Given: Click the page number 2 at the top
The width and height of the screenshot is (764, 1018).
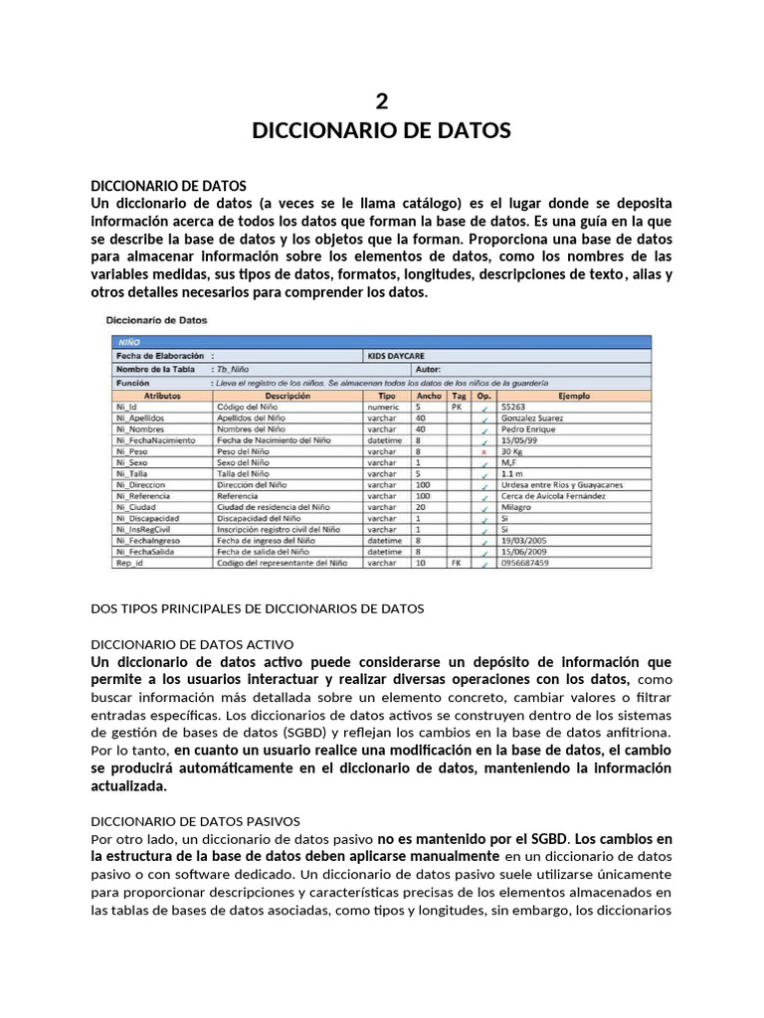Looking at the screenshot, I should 382,99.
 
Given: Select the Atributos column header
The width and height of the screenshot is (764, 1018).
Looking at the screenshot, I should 161,396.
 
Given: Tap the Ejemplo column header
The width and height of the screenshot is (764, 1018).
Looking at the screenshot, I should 574,396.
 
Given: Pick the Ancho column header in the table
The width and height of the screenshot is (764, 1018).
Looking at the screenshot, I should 429,396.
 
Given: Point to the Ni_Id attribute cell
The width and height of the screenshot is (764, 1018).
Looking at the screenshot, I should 126,407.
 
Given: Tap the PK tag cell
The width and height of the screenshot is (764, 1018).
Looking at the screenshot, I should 457,407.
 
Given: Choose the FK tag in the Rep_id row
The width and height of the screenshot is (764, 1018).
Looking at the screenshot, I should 457,563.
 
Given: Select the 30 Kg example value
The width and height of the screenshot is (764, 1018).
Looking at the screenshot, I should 514,451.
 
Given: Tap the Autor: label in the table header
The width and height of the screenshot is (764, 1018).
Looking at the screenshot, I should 386,368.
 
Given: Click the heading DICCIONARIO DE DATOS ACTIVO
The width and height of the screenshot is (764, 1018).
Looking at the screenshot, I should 192,644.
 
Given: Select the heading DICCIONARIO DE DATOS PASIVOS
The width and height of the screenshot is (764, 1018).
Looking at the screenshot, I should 202,821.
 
